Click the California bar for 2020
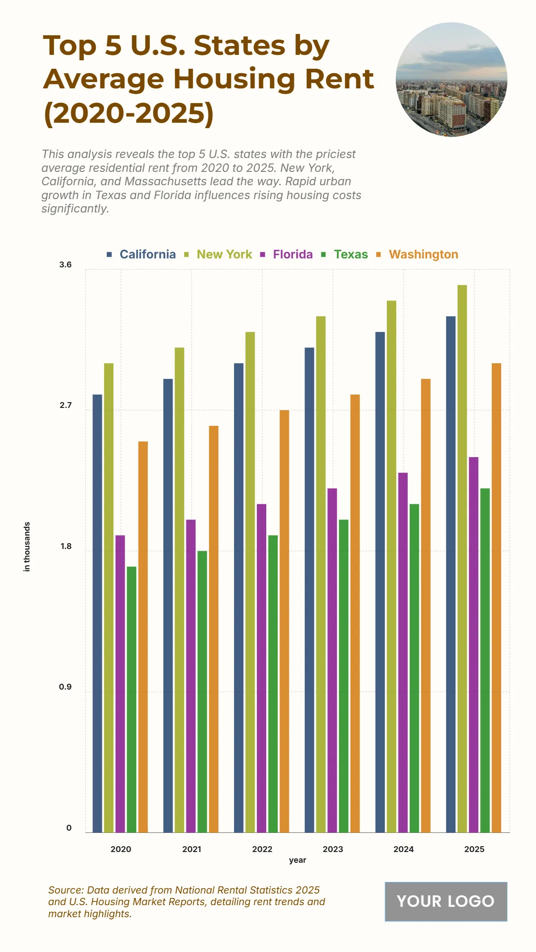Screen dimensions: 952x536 click(x=97, y=613)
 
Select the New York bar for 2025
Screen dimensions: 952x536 click(x=462, y=558)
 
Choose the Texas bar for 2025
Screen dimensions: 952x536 click(x=485, y=660)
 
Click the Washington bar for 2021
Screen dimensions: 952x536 click(x=214, y=629)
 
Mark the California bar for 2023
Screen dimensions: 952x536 click(x=309, y=590)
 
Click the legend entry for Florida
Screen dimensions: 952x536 click(x=293, y=254)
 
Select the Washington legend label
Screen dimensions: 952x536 click(x=423, y=254)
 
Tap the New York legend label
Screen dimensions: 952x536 click(x=224, y=254)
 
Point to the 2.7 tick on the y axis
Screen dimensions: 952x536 click(x=65, y=405)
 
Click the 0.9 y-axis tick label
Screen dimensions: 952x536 click(x=65, y=687)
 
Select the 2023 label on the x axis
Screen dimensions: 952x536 click(x=333, y=849)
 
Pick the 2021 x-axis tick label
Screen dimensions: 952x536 click(x=192, y=849)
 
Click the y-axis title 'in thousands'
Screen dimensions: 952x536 click(x=27, y=546)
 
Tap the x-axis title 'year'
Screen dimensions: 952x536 click(x=297, y=860)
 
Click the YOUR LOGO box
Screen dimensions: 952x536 click(x=446, y=901)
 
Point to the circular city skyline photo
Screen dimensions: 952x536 click(x=452, y=79)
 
